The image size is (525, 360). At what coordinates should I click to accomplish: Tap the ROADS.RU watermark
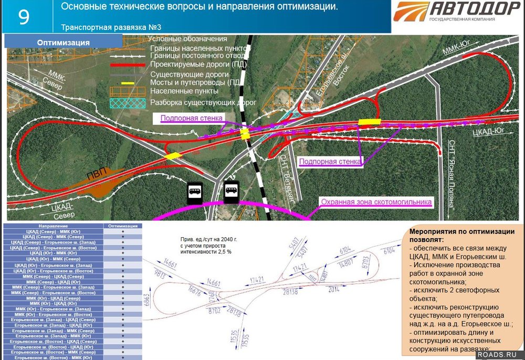(x=499, y=354)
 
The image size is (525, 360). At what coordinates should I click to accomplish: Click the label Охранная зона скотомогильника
(x=376, y=202)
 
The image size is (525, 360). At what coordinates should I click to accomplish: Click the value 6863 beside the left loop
(x=147, y=300)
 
